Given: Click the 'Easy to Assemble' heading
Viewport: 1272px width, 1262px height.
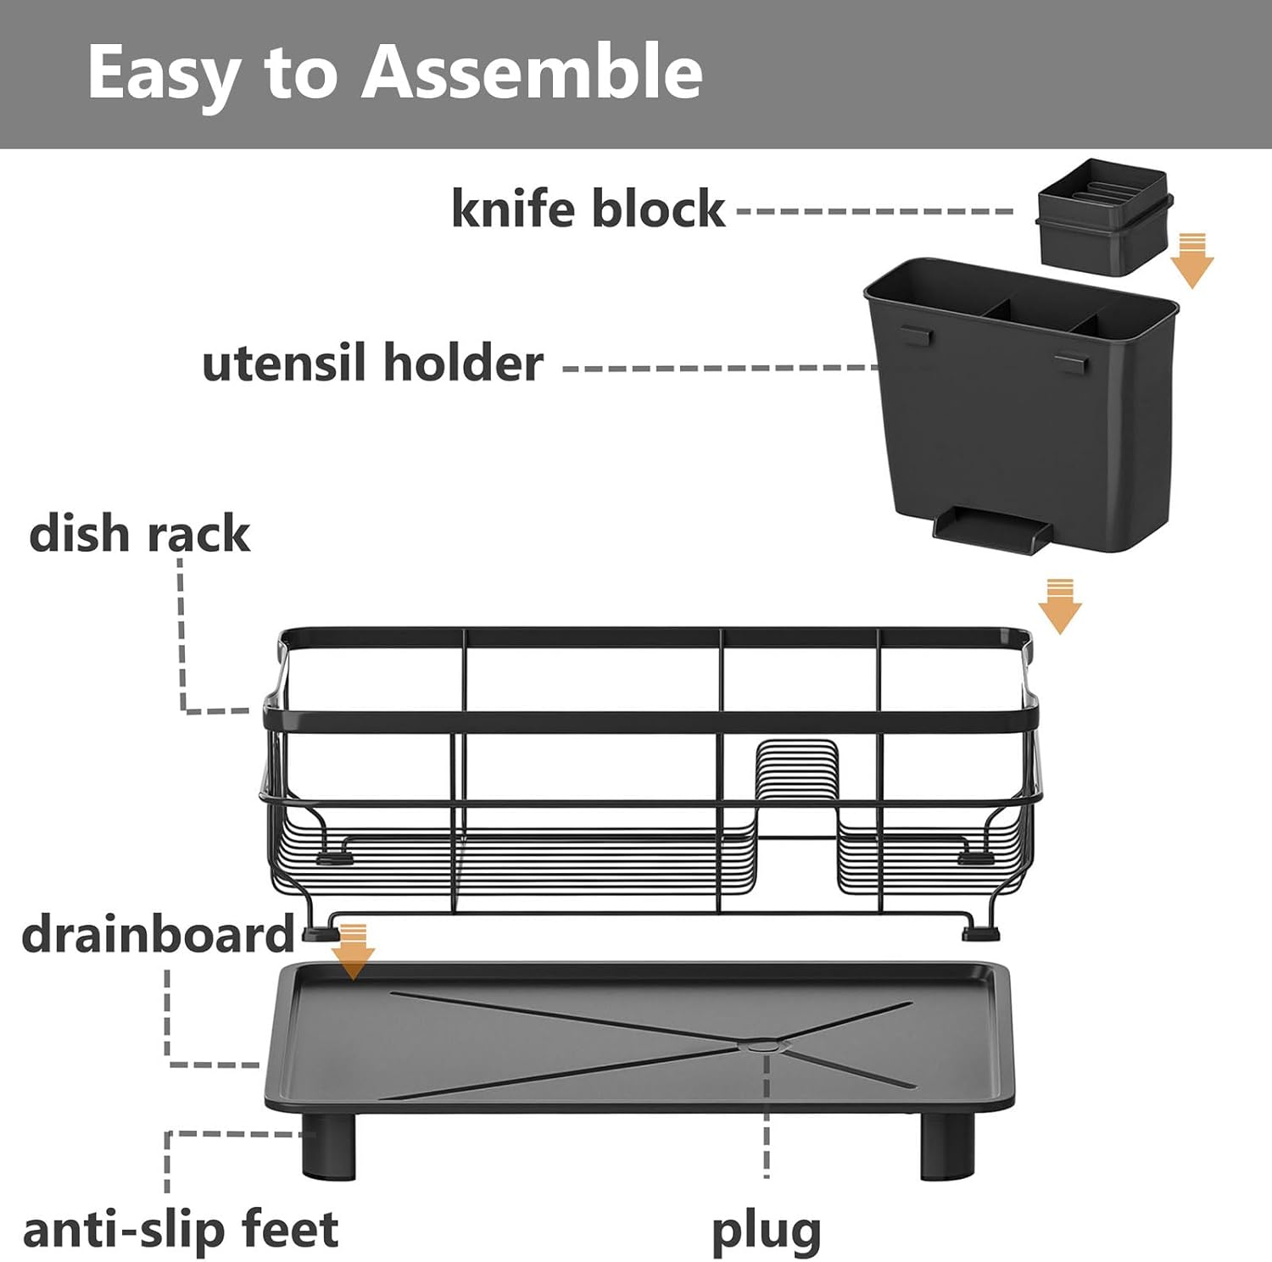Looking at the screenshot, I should click(x=394, y=73).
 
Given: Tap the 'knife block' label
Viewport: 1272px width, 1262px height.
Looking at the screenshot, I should click(x=588, y=208).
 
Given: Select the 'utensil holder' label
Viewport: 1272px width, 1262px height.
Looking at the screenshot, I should click(x=372, y=364).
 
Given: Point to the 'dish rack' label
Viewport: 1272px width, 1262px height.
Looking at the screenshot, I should click(x=139, y=535).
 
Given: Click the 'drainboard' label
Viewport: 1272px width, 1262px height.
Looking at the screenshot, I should click(x=158, y=935).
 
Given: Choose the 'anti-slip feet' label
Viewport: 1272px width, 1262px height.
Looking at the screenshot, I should click(x=180, y=1230).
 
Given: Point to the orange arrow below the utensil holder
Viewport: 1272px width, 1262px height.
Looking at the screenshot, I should click(x=1059, y=605).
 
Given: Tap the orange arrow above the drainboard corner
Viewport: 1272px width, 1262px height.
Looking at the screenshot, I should click(x=353, y=951).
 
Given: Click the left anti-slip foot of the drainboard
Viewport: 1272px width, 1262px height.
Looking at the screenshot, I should click(x=328, y=1147).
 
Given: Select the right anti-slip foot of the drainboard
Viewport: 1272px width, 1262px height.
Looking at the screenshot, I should click(x=946, y=1147).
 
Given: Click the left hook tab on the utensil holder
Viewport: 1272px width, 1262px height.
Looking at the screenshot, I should click(x=916, y=335).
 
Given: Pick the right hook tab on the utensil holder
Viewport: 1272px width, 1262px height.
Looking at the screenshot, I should click(x=1070, y=364).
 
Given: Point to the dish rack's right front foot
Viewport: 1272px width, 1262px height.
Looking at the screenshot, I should click(x=980, y=933).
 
